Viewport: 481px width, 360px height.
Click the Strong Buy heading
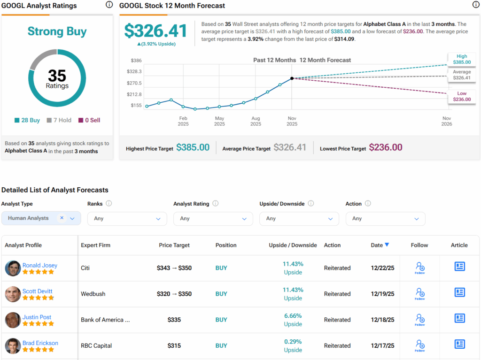click(x=57, y=31)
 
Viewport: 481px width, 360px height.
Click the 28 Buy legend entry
click(x=27, y=120)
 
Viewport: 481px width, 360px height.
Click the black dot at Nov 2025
click(x=292, y=78)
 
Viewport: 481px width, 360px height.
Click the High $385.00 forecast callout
click(x=462, y=59)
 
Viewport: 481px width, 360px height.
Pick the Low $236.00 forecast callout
click(x=462, y=96)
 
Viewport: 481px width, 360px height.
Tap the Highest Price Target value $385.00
click(x=193, y=147)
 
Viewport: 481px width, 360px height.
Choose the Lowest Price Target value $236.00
click(x=386, y=147)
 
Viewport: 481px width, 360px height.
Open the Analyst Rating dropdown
click(x=213, y=219)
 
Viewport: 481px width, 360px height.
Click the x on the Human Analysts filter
click(x=62, y=218)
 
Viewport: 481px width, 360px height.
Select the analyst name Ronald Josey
click(x=40, y=265)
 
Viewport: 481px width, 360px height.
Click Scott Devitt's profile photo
click(x=13, y=294)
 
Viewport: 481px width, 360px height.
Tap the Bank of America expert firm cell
click(x=105, y=320)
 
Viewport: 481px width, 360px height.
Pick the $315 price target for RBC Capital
click(x=174, y=345)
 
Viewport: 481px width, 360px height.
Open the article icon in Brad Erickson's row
click(x=459, y=344)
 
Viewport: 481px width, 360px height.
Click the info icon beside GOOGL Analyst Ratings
click(x=109, y=5)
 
